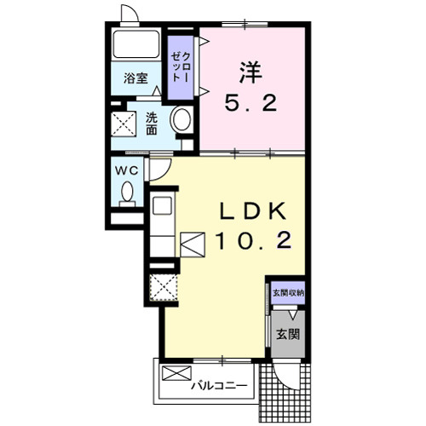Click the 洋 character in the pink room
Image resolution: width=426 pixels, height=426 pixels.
point(250,73)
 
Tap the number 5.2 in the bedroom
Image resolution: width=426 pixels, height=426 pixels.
point(250,103)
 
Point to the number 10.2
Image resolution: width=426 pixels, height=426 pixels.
point(253,240)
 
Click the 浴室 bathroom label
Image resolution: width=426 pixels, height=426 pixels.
point(135,78)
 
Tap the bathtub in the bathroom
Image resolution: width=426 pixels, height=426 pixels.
point(136,44)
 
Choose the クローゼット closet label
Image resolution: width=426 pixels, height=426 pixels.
point(180,67)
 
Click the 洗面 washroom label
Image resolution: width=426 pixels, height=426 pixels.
point(152,124)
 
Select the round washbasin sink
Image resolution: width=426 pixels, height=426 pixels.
point(181,120)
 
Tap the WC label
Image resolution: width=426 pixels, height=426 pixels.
point(126,170)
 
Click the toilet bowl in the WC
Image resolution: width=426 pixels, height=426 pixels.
point(127,191)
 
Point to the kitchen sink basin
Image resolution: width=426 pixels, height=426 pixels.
point(162,206)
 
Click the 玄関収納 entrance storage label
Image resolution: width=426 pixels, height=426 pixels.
point(288,293)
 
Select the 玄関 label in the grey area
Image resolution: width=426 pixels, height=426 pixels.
point(288,334)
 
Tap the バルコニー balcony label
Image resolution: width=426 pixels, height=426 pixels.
point(219,386)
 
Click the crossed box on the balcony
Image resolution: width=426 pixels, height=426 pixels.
point(176,373)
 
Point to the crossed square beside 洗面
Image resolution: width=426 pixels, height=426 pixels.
point(124,124)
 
